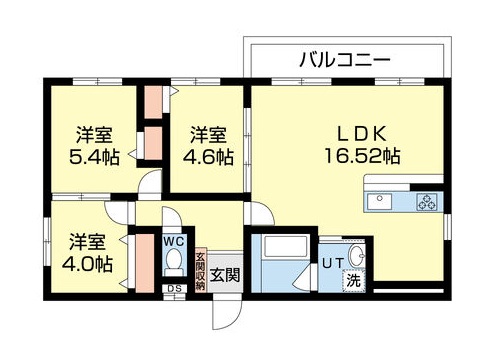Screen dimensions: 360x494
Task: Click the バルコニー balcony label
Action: [343, 59]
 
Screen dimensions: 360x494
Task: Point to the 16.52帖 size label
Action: [362, 155]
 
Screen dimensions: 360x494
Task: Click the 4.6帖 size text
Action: [208, 156]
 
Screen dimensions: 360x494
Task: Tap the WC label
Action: [173, 242]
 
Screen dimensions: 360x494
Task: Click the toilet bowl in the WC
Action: [173, 263]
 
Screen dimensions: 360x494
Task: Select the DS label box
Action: [174, 290]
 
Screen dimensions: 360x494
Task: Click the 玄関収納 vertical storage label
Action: [199, 269]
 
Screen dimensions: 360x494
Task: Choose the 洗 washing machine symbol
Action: [352, 281]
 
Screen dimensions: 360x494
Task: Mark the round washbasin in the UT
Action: [356, 252]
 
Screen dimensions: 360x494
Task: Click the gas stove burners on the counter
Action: [427, 202]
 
